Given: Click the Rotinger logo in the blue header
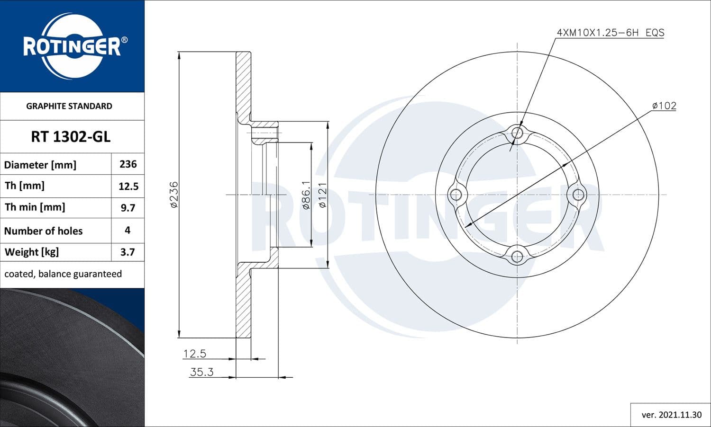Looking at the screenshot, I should (x=72, y=46).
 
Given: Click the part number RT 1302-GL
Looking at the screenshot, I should (x=71, y=137).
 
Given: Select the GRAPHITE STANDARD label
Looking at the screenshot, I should (x=69, y=106).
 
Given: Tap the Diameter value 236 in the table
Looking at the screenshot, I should (x=128, y=164).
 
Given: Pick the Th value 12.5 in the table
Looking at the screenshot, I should (x=128, y=186).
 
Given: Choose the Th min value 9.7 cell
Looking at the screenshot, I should (x=128, y=208).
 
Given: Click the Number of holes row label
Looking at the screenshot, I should (x=44, y=231).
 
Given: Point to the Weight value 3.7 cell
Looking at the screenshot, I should (x=128, y=252).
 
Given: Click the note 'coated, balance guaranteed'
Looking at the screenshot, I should (x=63, y=274).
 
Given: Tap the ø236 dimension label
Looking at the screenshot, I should (x=174, y=195).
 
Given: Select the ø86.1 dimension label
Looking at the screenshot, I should (x=306, y=195).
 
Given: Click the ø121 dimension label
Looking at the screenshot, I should (x=322, y=195).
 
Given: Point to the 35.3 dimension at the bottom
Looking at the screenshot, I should (x=201, y=372).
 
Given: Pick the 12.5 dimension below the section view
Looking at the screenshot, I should (x=195, y=354).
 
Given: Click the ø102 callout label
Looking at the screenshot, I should (x=664, y=106).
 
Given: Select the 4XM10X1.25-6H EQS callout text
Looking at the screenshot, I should (x=610, y=33).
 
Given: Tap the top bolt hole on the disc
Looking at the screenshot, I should (x=517, y=133).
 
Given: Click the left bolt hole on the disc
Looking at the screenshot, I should (x=456, y=194).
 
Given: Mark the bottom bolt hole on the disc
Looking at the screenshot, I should (x=517, y=256).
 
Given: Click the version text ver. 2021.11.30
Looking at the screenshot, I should (x=671, y=415).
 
